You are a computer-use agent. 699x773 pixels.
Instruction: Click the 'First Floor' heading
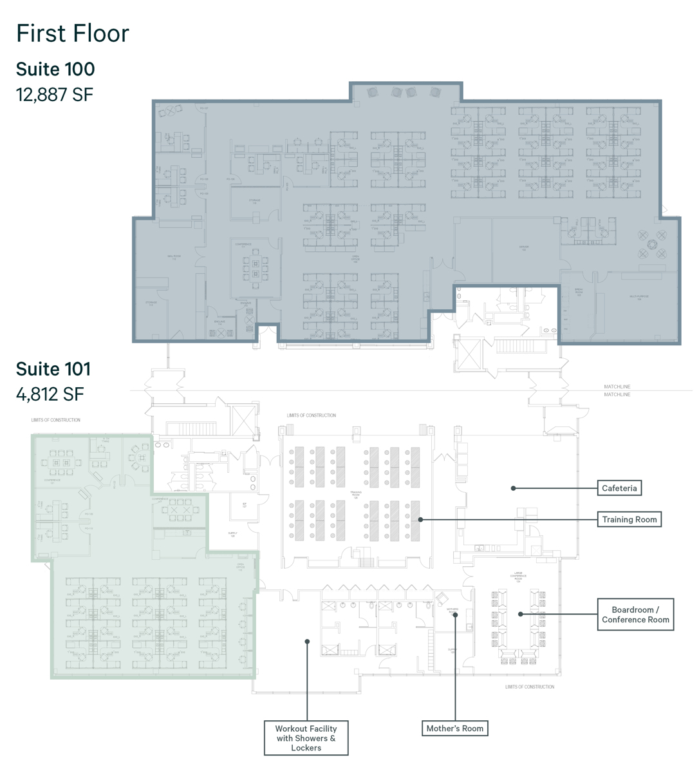(73, 33)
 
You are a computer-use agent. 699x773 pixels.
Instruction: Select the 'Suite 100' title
(55, 69)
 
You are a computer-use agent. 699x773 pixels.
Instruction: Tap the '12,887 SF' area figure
(55, 95)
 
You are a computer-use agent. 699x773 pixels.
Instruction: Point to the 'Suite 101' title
(53, 368)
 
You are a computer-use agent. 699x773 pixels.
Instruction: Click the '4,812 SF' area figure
(50, 393)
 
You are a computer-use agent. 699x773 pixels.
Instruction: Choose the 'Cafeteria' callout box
(619, 488)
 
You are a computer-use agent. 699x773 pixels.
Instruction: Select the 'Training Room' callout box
(629, 519)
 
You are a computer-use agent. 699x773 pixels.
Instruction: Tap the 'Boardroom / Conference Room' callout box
(635, 615)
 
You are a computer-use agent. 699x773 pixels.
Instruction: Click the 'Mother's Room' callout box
(454, 729)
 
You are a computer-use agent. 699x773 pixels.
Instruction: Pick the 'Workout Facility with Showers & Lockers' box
(306, 738)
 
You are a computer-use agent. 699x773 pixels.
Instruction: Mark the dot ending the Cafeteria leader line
(513, 488)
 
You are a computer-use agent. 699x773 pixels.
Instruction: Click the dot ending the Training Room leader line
(420, 519)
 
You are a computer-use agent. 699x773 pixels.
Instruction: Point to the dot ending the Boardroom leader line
(520, 615)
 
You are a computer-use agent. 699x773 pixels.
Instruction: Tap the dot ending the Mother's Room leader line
(455, 615)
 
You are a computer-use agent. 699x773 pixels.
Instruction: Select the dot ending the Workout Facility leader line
(307, 641)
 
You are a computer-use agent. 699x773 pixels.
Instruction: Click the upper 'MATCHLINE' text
(617, 386)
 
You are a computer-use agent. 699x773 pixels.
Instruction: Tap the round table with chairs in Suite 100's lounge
(651, 243)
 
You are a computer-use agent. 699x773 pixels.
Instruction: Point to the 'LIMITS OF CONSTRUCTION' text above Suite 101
(56, 420)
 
